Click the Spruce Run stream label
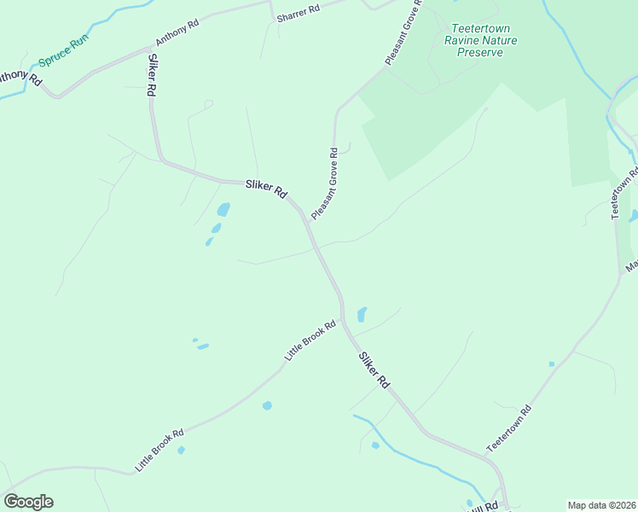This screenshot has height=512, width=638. point(63,54)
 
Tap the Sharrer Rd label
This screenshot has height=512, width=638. point(297,13)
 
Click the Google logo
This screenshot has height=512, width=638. point(28,502)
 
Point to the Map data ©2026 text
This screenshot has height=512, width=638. point(602,505)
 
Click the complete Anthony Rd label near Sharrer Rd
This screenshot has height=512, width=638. point(177,32)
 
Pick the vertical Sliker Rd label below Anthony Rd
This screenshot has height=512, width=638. point(152,76)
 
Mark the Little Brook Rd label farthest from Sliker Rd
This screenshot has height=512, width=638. point(159,451)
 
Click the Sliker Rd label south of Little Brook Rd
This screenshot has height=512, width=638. point(374,371)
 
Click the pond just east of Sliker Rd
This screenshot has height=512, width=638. point(362,314)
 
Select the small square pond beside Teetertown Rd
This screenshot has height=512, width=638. point(551,364)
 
